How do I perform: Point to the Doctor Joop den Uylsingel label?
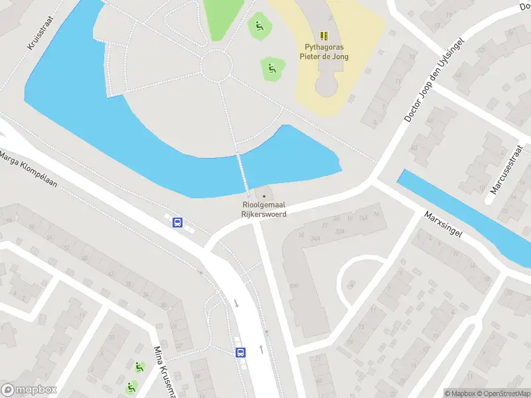pyautogui.click(x=436, y=79)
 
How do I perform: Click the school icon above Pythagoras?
pyautogui.click(x=324, y=35)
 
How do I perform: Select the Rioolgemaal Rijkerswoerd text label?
pyautogui.click(x=265, y=210)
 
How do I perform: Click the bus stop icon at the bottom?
pyautogui.click(x=240, y=352)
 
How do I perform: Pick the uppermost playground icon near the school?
pyautogui.click(x=259, y=27)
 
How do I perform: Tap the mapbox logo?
pyautogui.click(x=29, y=390)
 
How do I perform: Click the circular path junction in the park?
pyautogui.click(x=216, y=65)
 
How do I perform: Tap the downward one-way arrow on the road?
pyautogui.click(x=236, y=303)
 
